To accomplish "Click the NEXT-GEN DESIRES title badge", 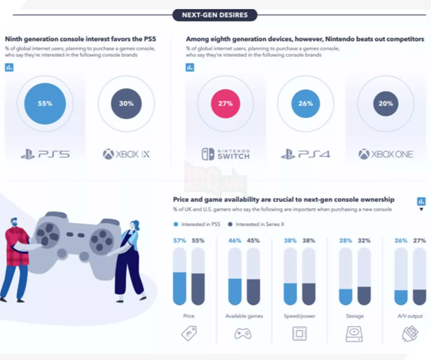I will [215, 15].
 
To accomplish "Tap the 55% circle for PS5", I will [45, 104].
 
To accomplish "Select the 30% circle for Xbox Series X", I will [126, 104].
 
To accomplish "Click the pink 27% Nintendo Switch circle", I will [225, 104].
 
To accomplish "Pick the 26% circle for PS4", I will [305, 104].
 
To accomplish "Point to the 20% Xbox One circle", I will [386, 104].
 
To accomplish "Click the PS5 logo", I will [45, 154].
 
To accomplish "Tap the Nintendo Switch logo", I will [225, 154].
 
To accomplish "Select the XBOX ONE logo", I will [386, 154].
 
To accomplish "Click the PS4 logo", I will [305, 154].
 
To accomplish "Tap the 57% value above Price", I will [179, 241].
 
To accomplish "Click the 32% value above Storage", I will [363, 241].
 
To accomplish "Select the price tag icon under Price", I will [189, 333].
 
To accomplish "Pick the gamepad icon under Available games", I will [243, 333].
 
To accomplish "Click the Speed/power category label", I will [300, 316].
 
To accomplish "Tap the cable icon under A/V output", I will [410, 333].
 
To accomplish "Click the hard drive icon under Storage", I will [354, 333].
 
